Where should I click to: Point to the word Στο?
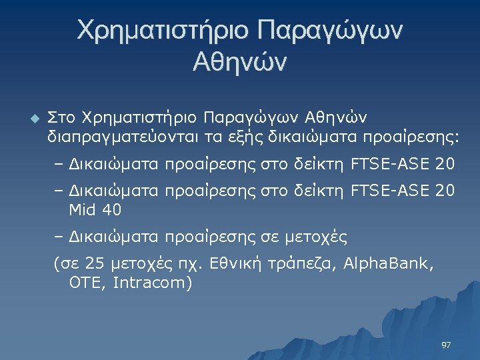[61, 118]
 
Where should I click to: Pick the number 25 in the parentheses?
[97, 264]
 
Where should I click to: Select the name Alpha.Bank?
[388, 264]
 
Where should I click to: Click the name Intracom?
[152, 283]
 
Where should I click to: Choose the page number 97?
[447, 345]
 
